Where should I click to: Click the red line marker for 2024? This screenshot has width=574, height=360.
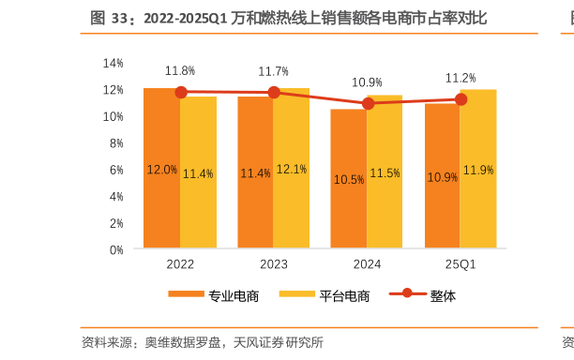tap(368, 103)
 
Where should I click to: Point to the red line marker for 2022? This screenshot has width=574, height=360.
tap(180, 92)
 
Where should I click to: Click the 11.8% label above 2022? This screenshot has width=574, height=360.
tap(180, 71)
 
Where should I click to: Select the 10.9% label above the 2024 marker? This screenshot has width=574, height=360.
tap(367, 82)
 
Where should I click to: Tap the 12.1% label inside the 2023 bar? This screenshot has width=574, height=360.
tap(292, 170)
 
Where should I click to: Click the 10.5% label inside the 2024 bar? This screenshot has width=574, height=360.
tap(349, 179)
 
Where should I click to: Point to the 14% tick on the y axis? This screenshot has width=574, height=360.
tap(113, 63)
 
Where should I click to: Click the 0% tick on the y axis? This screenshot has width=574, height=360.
tap(116, 250)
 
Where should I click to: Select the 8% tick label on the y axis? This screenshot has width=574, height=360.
tap(116, 143)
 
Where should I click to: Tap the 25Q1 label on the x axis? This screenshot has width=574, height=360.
tap(461, 265)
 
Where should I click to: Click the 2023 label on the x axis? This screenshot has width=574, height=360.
tap(274, 265)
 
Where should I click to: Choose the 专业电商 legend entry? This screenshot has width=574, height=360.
tap(214, 296)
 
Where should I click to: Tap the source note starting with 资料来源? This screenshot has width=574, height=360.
tap(203, 342)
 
